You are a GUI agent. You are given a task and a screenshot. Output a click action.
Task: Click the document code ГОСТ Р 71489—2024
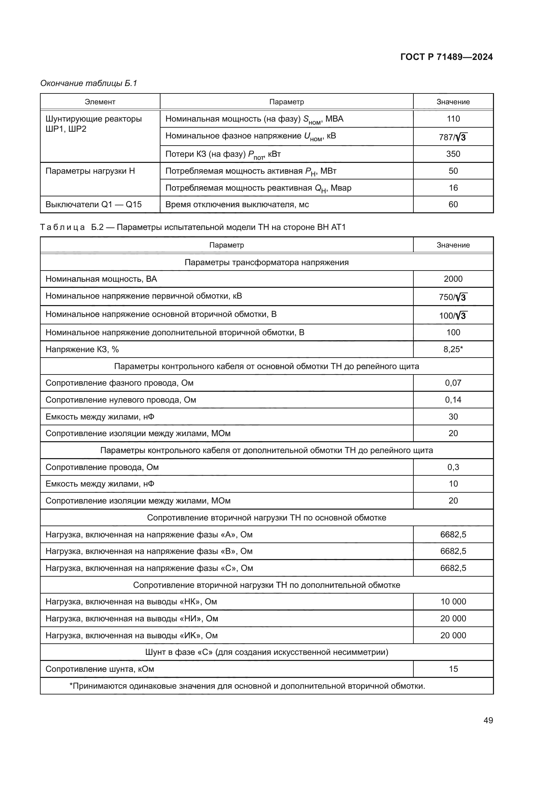pyautogui.click(x=446, y=57)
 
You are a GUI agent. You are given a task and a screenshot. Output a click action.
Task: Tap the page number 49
pyautogui.click(x=488, y=720)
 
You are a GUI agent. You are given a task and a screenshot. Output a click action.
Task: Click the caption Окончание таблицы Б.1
pyautogui.click(x=89, y=83)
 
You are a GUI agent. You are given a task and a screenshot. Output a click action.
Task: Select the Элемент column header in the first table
pyautogui.click(x=100, y=102)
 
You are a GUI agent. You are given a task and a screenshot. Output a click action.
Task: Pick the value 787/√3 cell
pyautogui.click(x=453, y=137)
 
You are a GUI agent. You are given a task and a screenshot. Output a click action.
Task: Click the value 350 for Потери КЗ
pyautogui.click(x=453, y=154)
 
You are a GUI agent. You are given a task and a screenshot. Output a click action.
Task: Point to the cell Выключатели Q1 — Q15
pyautogui.click(x=93, y=204)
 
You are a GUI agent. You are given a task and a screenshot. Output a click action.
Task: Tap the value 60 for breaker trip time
pyautogui.click(x=453, y=204)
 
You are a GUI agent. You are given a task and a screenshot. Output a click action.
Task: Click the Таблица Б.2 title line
pyautogui.click(x=193, y=227)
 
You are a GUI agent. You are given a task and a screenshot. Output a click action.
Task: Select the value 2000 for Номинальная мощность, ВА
pyautogui.click(x=453, y=279)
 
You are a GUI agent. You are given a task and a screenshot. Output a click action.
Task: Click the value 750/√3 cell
pyautogui.click(x=453, y=297)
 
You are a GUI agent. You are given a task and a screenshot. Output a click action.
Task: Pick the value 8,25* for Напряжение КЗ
pyautogui.click(x=453, y=349)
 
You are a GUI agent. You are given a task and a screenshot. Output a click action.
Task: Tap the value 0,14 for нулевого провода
pyautogui.click(x=453, y=400)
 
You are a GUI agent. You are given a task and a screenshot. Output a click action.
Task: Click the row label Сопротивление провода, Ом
pyautogui.click(x=102, y=467)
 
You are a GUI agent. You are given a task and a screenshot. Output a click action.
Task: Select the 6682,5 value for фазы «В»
pyautogui.click(x=453, y=551)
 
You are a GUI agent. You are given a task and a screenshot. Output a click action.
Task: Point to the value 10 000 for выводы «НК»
pyautogui.click(x=453, y=602)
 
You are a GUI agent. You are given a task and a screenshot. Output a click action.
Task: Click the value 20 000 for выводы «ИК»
pyautogui.click(x=453, y=635)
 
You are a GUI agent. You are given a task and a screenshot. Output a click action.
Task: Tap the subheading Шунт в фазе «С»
pyautogui.click(x=266, y=652)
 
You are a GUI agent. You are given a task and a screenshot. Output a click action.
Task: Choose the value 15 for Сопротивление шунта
pyautogui.click(x=453, y=669)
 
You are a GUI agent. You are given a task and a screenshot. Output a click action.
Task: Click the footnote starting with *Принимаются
pyautogui.click(x=247, y=686)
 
